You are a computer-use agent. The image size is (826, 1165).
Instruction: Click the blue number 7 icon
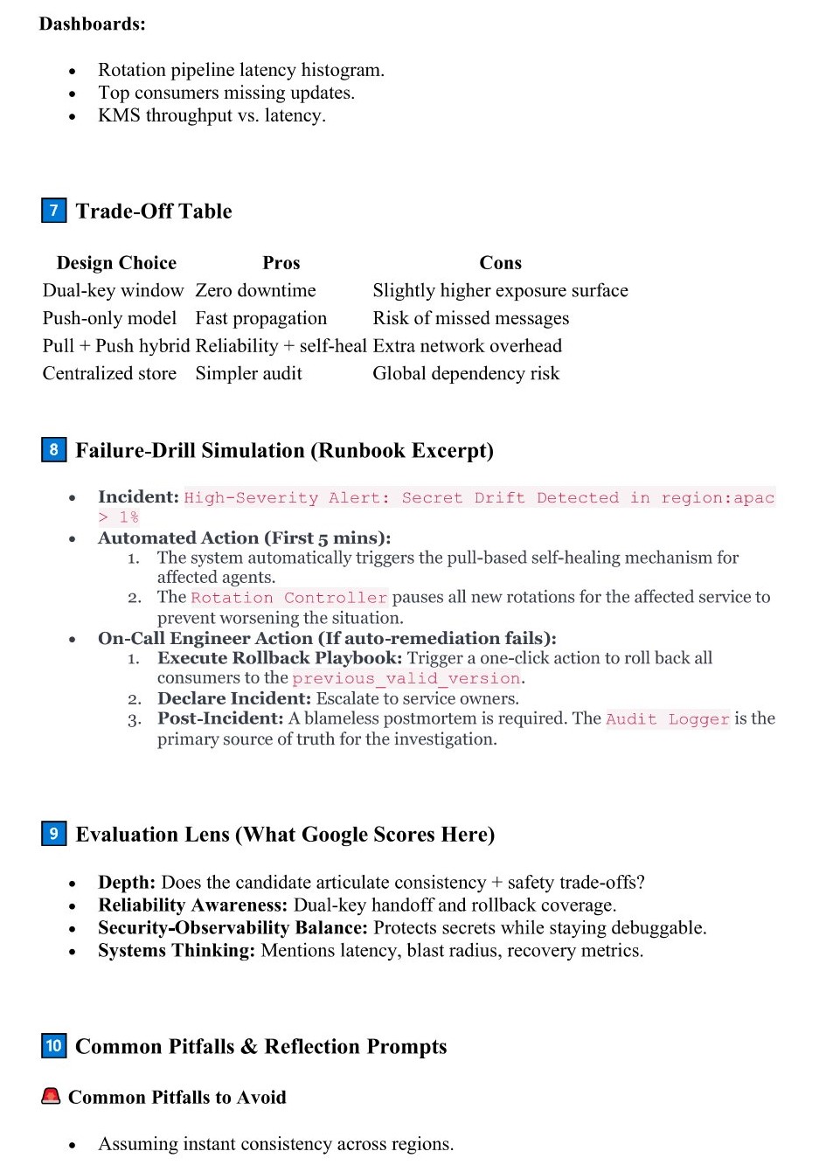point(53,211)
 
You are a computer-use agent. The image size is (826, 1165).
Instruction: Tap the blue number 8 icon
point(53,450)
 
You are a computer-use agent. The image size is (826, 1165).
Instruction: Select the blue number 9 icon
point(53,834)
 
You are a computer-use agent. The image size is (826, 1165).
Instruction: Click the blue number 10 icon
point(53,1046)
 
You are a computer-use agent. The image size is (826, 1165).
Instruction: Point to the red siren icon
point(51,1096)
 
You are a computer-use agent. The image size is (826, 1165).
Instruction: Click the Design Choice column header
point(116,263)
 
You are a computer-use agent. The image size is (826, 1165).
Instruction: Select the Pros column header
point(281,263)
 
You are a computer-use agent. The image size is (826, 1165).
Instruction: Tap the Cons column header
point(500,263)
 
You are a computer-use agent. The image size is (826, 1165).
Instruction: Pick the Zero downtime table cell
point(255,290)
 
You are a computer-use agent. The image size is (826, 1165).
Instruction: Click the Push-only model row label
point(109,318)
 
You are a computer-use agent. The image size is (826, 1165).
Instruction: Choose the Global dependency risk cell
point(466,373)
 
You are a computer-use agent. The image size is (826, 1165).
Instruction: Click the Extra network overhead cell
point(467,345)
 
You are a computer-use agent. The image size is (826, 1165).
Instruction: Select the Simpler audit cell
point(248,373)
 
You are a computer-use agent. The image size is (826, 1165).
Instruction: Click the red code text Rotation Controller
point(288,598)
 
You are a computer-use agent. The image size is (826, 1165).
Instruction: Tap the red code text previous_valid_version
point(406,678)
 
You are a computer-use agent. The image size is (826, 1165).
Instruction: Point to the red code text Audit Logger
point(667,719)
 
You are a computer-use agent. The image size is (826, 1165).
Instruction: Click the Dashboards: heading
point(93,24)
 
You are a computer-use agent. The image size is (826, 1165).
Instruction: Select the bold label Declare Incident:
point(233,698)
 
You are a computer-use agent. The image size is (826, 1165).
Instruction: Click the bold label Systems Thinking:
point(177,950)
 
